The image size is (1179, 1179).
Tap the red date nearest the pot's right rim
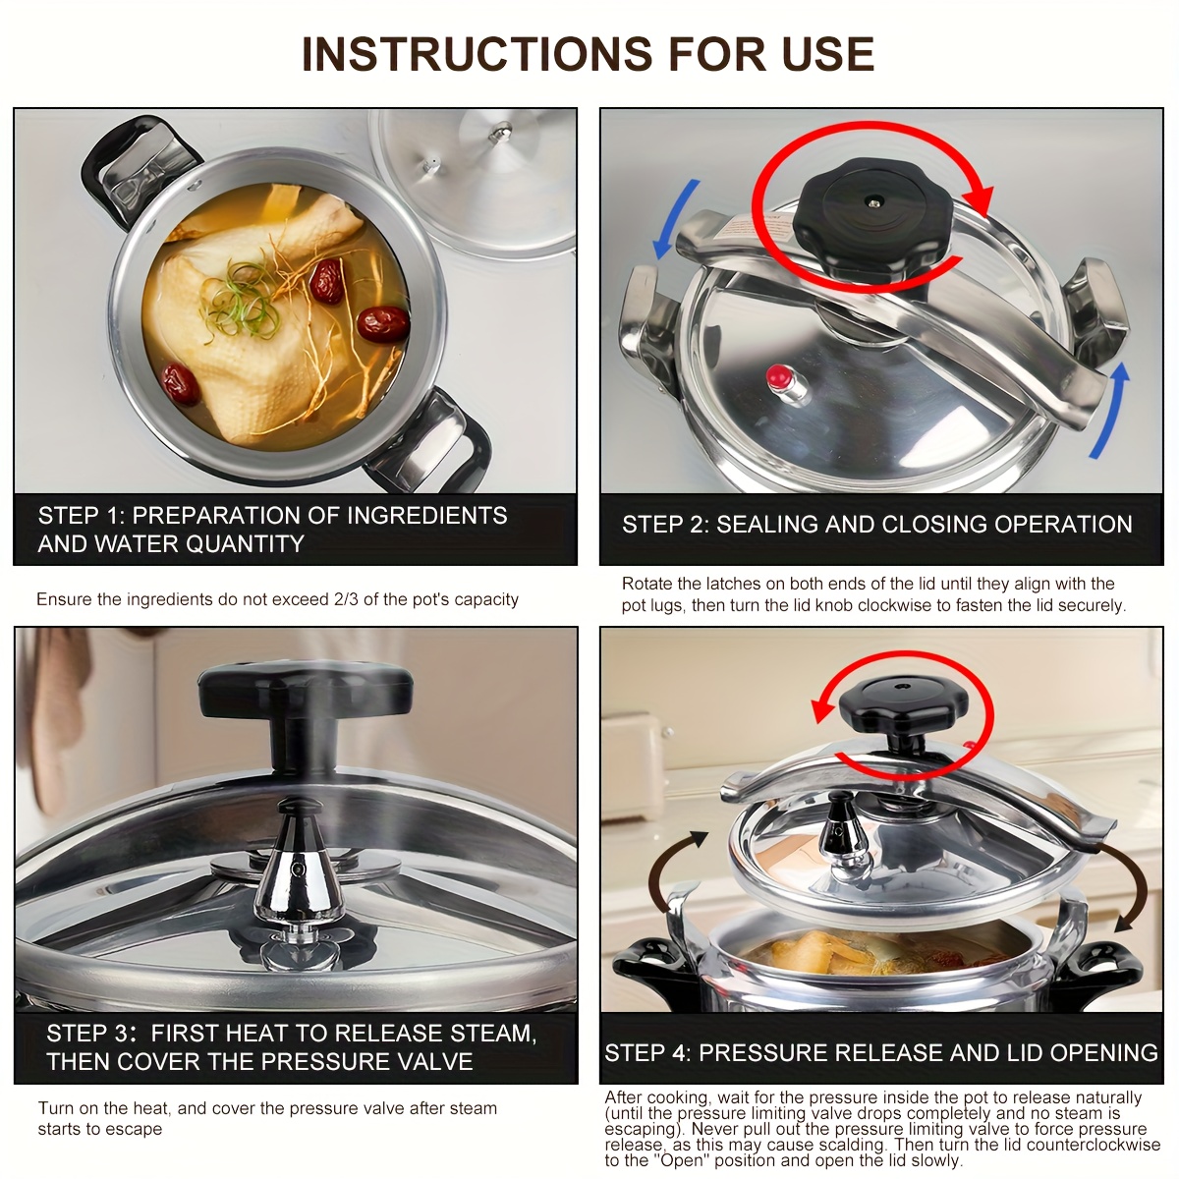(382, 322)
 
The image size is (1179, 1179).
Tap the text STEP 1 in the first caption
(79, 516)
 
